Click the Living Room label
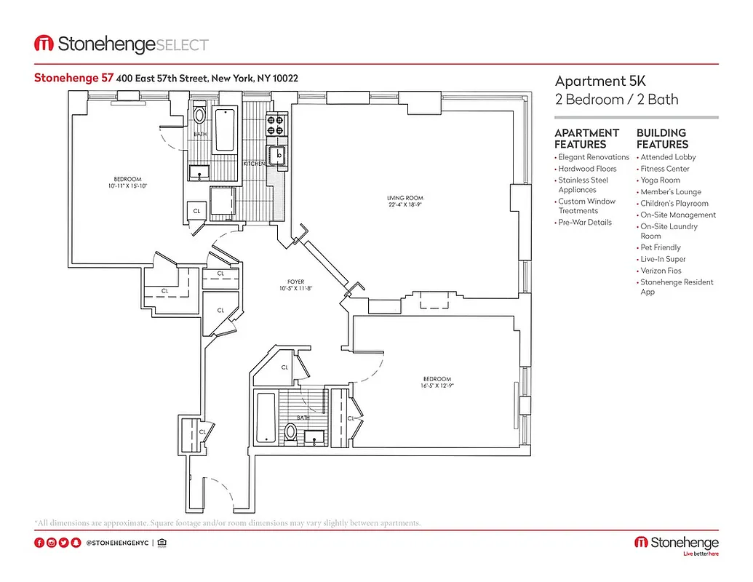[405, 198]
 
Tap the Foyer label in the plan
[295, 282]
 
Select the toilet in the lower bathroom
[290, 432]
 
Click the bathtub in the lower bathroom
[265, 418]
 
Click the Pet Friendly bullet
[661, 247]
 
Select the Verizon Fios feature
[661, 271]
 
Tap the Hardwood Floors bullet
[587, 169]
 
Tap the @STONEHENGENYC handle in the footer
[117, 543]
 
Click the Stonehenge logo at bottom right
[677, 544]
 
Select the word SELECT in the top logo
[183, 45]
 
